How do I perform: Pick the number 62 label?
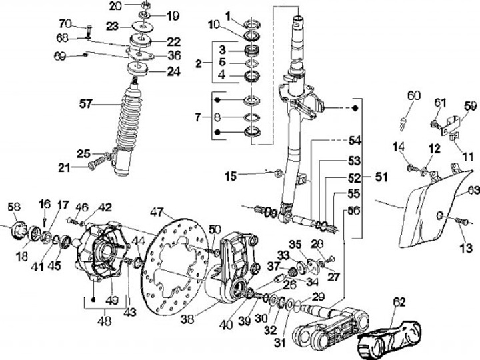(x=399, y=301)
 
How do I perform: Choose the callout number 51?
(x=381, y=178)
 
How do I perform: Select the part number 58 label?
(x=14, y=207)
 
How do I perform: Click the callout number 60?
(x=414, y=96)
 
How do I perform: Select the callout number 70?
(x=65, y=24)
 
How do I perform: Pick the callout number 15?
(x=230, y=176)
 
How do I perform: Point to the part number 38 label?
(x=188, y=319)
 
